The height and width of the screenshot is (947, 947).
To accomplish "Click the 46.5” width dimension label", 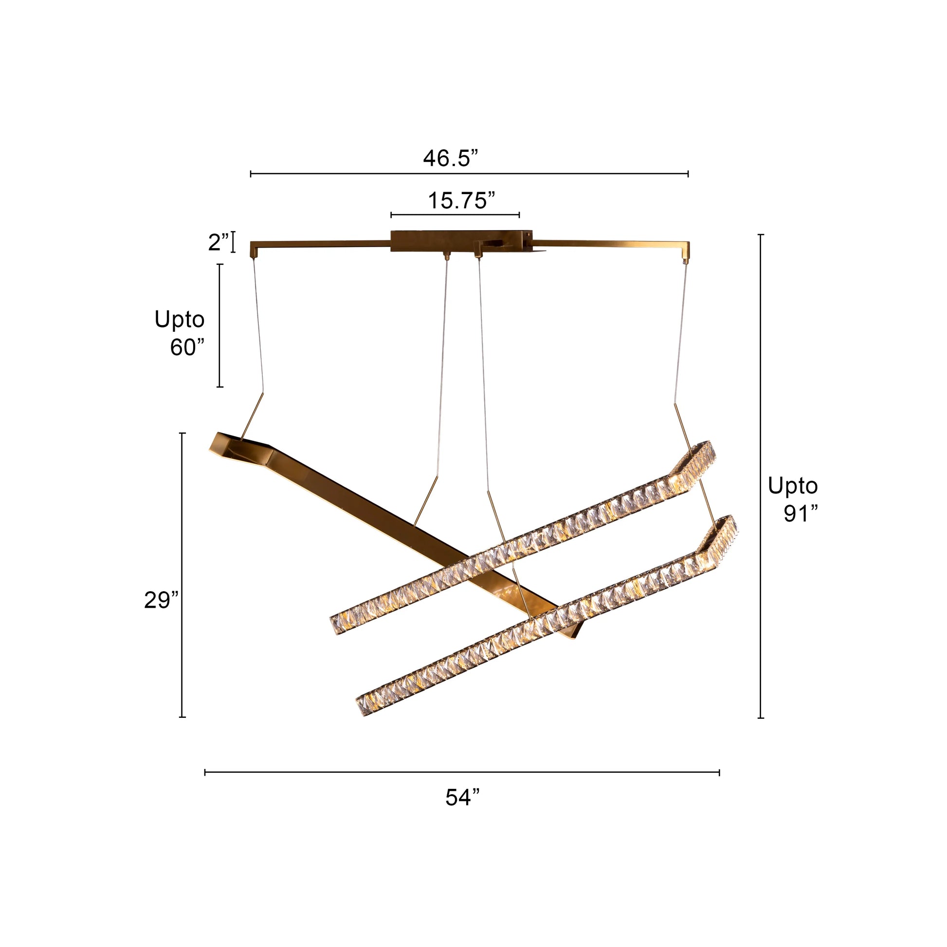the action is (450, 158).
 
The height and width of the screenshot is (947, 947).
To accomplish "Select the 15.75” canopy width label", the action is (461, 200).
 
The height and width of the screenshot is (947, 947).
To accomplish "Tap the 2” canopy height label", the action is (219, 243).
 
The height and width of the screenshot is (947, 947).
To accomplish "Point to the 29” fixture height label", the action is (161, 600).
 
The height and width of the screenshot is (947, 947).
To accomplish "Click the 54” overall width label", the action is (462, 797).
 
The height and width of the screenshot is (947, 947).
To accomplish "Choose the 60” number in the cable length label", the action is (187, 347).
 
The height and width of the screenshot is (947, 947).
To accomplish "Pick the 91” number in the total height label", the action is (801, 514).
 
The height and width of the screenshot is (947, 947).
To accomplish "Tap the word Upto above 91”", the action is (793, 486).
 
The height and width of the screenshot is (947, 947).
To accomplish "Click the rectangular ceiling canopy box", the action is (461, 241).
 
